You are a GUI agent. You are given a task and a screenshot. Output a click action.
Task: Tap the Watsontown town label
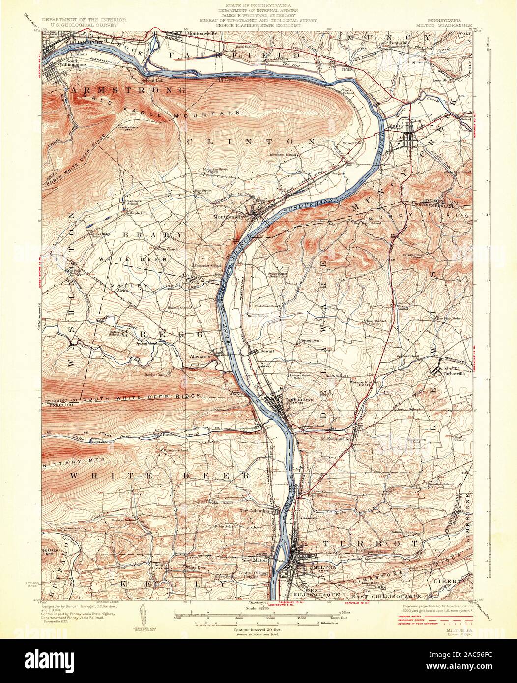[x=300, y=399]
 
